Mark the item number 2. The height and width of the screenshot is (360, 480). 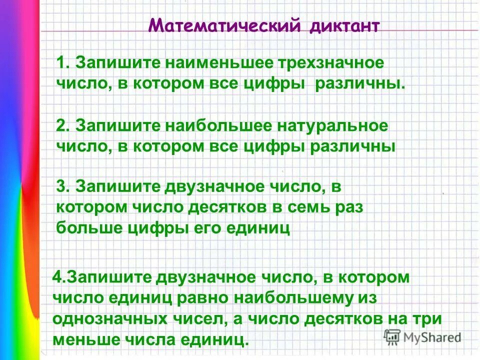62,126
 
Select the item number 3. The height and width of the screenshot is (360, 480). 62,187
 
